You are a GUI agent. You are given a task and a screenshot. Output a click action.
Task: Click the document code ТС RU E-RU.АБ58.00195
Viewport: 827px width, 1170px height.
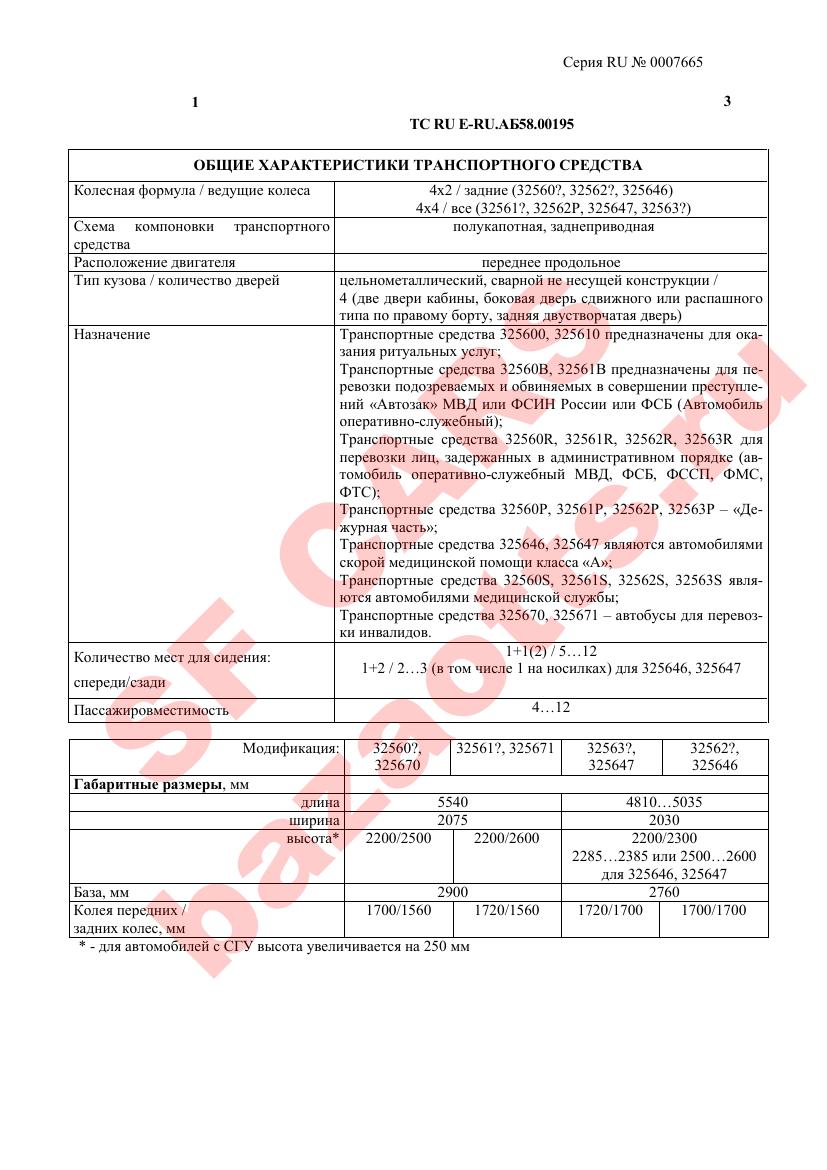click(x=492, y=124)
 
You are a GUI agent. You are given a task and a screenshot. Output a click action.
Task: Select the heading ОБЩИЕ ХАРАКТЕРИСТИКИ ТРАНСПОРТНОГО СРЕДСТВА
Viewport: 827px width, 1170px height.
click(x=418, y=165)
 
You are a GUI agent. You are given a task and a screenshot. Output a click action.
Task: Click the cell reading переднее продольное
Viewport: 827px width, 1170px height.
click(x=550, y=262)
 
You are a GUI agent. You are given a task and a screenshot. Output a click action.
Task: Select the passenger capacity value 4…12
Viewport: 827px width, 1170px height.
click(x=550, y=707)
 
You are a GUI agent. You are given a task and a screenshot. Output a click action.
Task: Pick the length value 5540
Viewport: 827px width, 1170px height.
click(x=453, y=802)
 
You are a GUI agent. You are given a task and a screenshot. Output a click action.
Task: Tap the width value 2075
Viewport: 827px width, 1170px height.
click(x=453, y=820)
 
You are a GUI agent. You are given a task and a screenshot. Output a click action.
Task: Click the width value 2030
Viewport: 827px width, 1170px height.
click(x=664, y=820)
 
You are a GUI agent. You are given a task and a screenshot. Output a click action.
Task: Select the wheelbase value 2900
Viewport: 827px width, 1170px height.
click(x=453, y=892)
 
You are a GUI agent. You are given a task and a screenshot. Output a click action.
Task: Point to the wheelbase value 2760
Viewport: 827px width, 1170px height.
click(x=664, y=892)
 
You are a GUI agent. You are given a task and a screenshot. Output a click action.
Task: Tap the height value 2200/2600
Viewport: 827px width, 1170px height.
click(x=507, y=838)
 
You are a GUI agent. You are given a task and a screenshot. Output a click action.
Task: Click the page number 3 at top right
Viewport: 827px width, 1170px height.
click(x=727, y=102)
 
